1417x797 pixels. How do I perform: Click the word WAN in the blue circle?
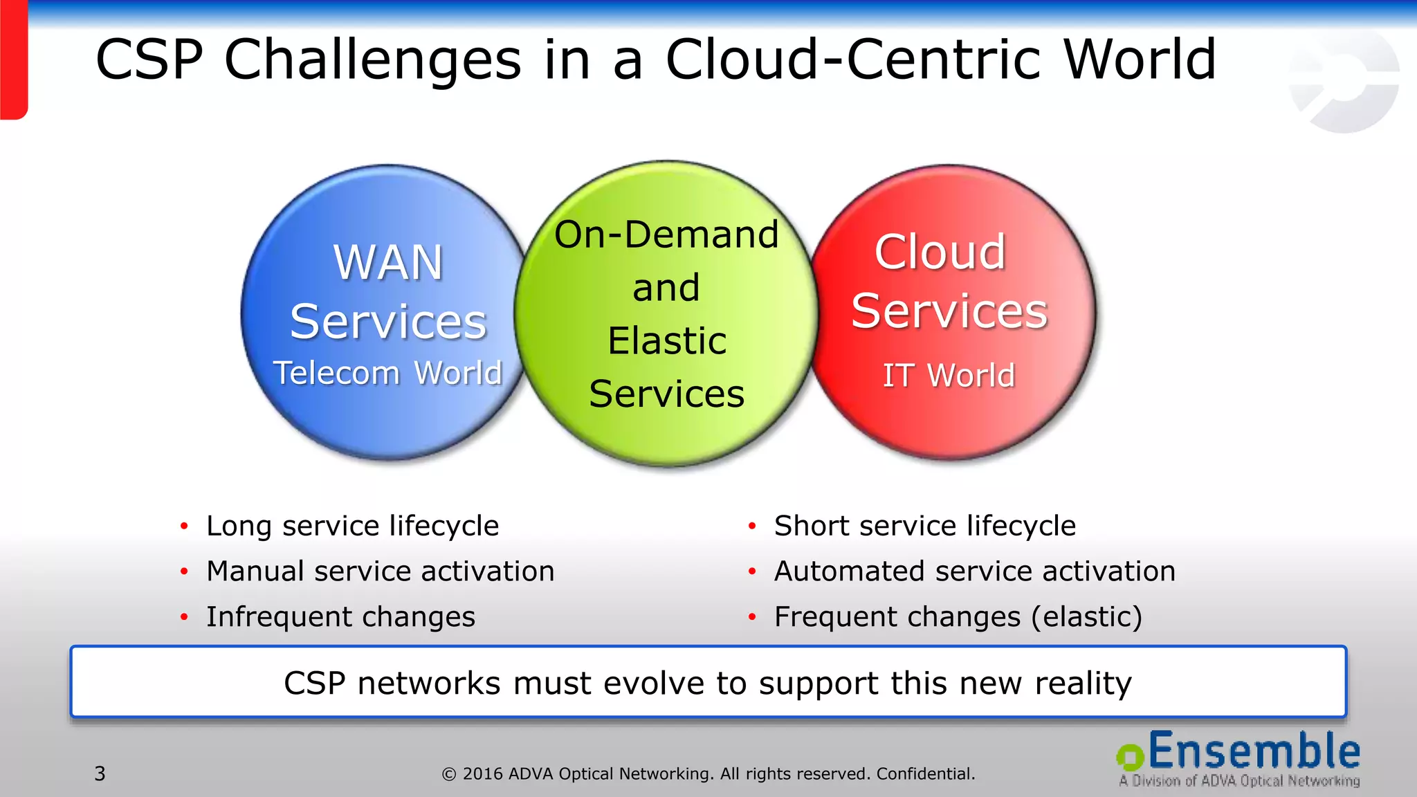tap(388, 263)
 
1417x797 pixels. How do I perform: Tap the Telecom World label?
tap(387, 373)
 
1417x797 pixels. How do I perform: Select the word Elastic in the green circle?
tap(667, 340)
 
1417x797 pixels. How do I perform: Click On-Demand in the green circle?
tap(666, 235)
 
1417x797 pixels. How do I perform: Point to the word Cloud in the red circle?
tap(940, 252)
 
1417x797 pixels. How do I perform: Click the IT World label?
tap(949, 376)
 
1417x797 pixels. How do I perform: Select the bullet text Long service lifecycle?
tap(352, 526)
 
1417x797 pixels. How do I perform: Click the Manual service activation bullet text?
tap(380, 571)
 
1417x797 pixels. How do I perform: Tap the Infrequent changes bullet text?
tap(340, 616)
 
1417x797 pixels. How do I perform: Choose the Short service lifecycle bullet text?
tap(924, 526)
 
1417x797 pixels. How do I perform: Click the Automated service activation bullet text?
tap(974, 571)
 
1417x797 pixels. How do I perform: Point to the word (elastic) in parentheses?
tap(1086, 616)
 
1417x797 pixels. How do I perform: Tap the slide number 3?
tap(100, 773)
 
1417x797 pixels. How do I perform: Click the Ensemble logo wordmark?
tap(1253, 751)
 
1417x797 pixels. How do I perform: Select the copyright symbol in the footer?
tap(449, 774)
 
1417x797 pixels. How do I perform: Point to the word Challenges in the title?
tap(372, 59)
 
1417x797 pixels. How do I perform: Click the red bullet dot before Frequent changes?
tap(752, 617)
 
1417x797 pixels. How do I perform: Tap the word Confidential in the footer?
tap(925, 773)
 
